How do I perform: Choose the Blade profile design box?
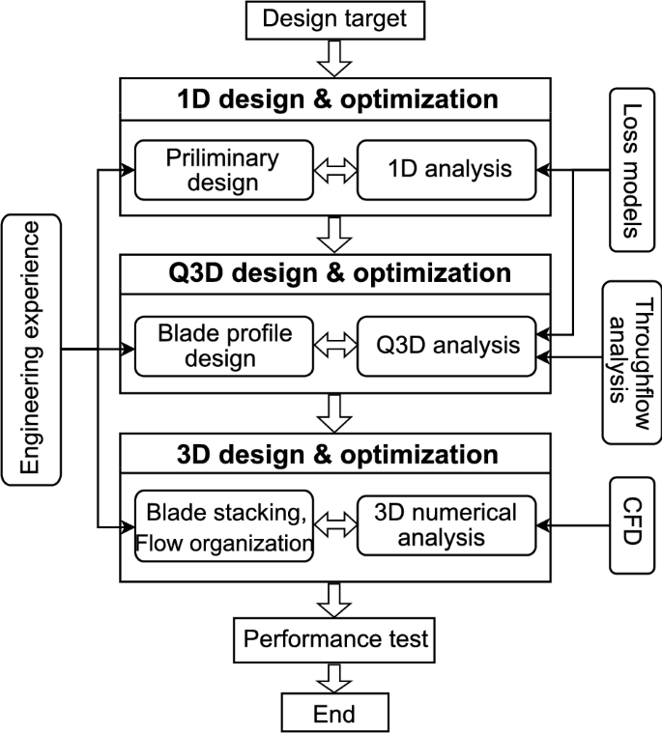pos(223,345)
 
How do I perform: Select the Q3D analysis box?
pos(447,345)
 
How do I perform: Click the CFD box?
pos(629,524)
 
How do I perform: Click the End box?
pos(334,715)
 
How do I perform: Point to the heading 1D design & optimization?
pos(337,99)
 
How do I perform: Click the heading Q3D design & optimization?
pos(337,273)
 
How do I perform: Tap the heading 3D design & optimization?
pos(337,454)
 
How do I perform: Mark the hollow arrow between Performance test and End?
pos(334,677)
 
